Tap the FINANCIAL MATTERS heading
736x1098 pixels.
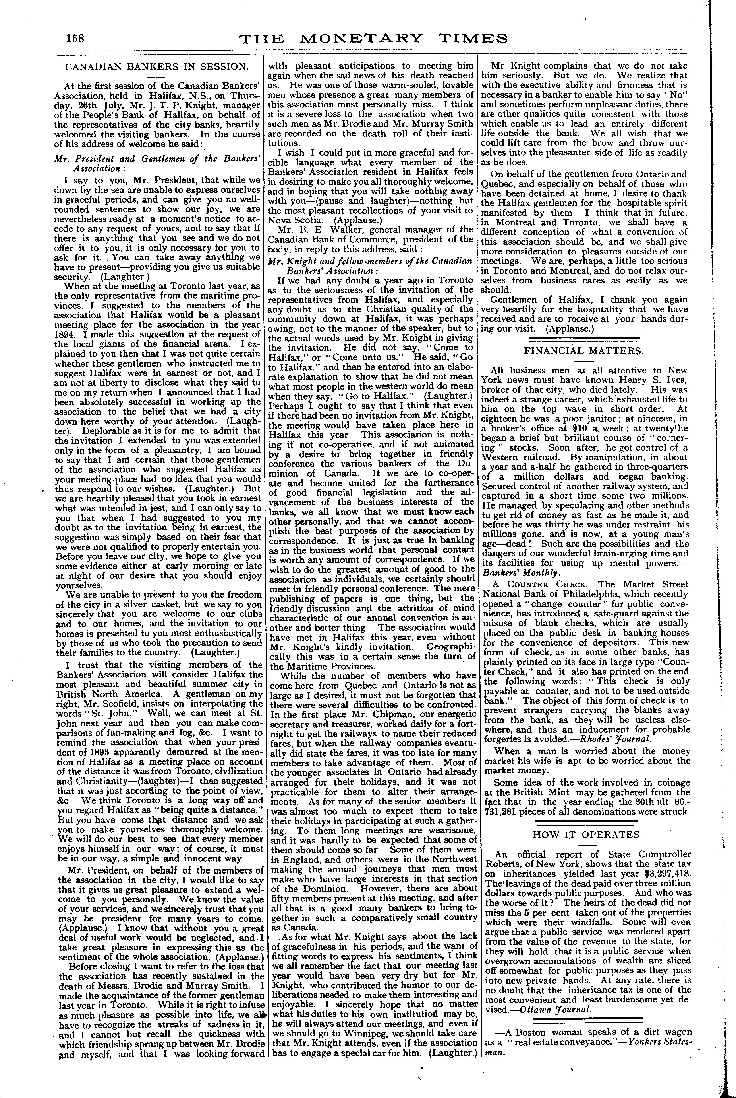coord(584,351)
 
